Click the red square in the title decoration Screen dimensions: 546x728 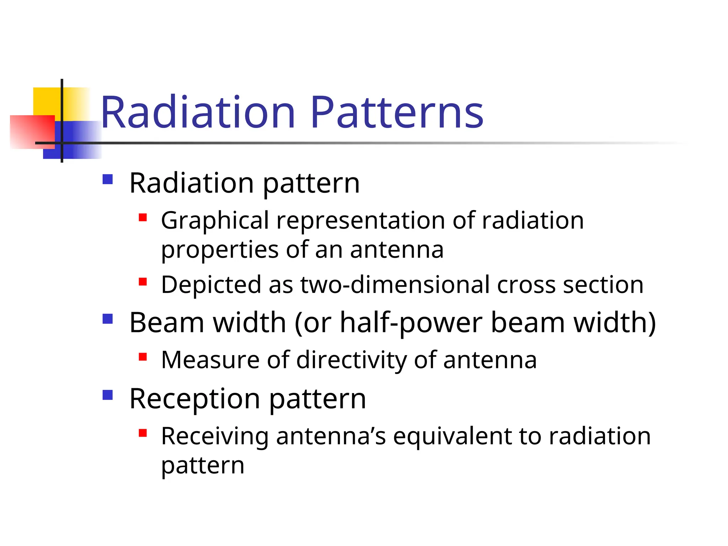[x=32, y=132]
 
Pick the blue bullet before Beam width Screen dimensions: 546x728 [x=107, y=318]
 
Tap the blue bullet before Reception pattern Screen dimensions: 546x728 [x=107, y=395]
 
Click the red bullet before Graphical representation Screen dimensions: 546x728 [x=143, y=217]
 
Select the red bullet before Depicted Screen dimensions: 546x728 [x=143, y=282]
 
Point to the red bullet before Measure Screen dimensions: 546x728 [x=143, y=357]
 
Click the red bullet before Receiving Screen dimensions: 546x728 [x=143, y=433]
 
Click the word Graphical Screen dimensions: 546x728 [x=215, y=221]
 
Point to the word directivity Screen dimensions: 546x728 [x=351, y=360]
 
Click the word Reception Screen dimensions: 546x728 [x=195, y=399]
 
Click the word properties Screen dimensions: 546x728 [x=220, y=250]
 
